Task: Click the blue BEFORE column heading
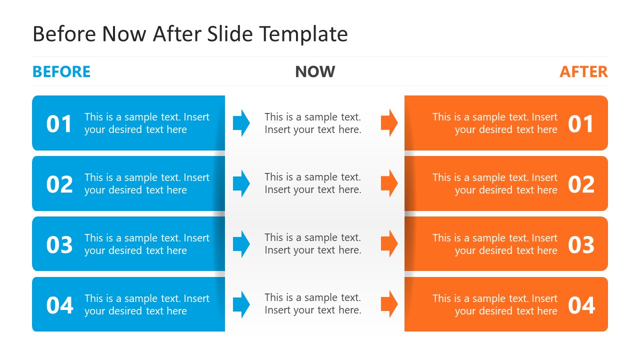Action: click(x=61, y=71)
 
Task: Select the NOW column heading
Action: click(x=315, y=71)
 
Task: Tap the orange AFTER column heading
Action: click(x=583, y=71)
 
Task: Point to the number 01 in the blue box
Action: click(x=59, y=124)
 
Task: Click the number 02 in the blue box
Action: click(x=59, y=184)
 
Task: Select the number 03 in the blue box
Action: click(x=59, y=245)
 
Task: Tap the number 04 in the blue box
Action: click(x=59, y=305)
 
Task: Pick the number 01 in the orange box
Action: click(x=581, y=124)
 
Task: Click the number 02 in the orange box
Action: click(x=581, y=184)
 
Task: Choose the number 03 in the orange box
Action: click(x=581, y=245)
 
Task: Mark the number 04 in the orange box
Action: click(x=581, y=305)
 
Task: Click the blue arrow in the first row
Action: click(x=241, y=123)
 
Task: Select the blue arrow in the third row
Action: click(x=241, y=244)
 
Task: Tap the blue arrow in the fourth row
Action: click(x=241, y=304)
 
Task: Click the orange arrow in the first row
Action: click(x=389, y=123)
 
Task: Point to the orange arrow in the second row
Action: click(x=389, y=183)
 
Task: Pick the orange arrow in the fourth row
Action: click(x=389, y=304)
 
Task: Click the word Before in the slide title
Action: click(x=64, y=34)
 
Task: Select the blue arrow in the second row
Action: click(x=241, y=183)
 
